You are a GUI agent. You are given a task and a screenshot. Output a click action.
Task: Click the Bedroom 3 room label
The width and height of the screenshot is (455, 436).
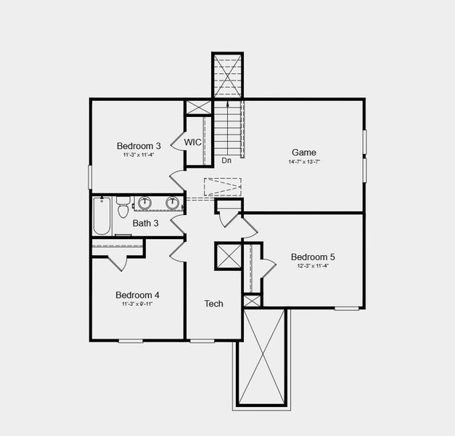tap(138, 145)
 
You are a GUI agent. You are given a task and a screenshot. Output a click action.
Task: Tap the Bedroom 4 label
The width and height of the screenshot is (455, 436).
tap(137, 295)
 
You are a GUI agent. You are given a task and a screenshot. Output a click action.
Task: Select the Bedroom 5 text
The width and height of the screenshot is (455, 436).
tap(313, 257)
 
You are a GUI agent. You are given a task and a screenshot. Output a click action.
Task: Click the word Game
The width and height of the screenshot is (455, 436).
tap(304, 153)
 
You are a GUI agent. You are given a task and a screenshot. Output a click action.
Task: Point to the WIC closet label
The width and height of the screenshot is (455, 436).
tap(192, 142)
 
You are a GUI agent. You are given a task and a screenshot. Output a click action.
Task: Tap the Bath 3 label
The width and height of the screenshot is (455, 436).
tap(145, 223)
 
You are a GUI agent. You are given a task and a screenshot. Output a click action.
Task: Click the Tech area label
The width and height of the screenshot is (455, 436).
tap(213, 304)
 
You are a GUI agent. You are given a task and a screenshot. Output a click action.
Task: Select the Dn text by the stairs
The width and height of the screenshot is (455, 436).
tap(226, 161)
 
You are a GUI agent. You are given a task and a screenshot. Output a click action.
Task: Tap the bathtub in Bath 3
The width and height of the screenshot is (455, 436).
tap(102, 216)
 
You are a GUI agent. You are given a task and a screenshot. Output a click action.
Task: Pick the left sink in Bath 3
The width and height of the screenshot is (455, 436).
tap(144, 203)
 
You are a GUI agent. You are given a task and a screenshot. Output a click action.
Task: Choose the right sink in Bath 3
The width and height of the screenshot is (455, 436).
tap(173, 203)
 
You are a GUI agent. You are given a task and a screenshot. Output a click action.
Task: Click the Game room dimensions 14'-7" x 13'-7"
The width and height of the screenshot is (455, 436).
tap(304, 161)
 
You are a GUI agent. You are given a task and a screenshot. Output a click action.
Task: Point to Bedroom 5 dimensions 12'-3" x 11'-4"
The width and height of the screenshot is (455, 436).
tap(313, 266)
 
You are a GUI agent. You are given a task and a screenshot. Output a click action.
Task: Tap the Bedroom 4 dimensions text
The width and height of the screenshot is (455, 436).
tap(137, 304)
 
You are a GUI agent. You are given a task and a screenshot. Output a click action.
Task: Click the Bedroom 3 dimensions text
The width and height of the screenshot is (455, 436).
tap(138, 154)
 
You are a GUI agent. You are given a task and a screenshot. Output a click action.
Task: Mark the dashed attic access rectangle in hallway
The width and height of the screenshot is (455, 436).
tap(222, 187)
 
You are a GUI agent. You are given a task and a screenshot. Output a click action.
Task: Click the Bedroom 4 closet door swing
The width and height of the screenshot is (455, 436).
tap(118, 263)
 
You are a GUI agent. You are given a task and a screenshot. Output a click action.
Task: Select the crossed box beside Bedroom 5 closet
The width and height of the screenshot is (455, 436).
tap(228, 257)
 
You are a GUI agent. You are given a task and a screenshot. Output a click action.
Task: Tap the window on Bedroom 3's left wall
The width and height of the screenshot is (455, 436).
tap(91, 177)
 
